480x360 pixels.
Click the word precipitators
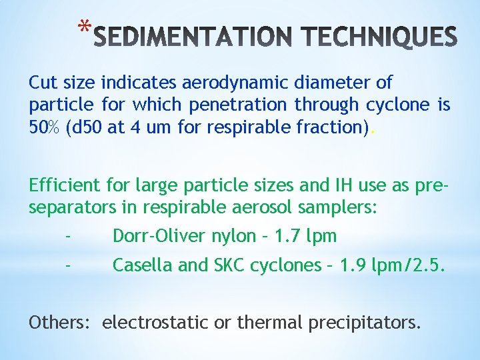tap(365, 323)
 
